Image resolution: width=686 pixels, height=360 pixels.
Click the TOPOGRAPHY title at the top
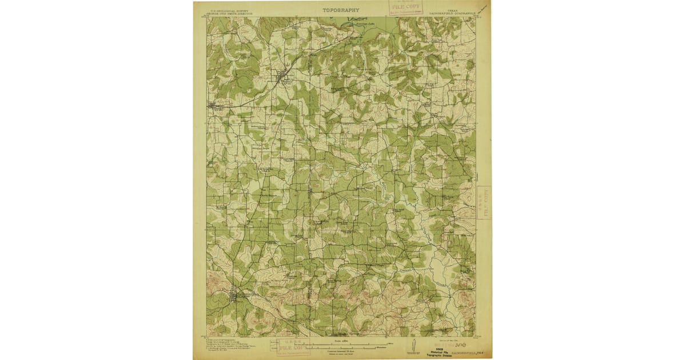pos(341,10)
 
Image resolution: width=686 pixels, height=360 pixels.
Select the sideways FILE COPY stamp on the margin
pos(484,202)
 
